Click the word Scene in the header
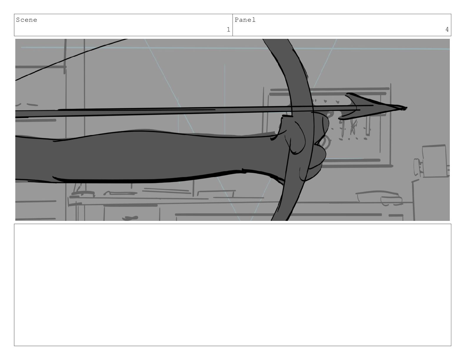click(x=26, y=20)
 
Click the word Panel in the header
click(x=245, y=20)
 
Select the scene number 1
click(x=228, y=30)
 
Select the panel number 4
click(x=447, y=30)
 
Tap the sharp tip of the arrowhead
click(x=407, y=108)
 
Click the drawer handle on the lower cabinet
click(x=130, y=218)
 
